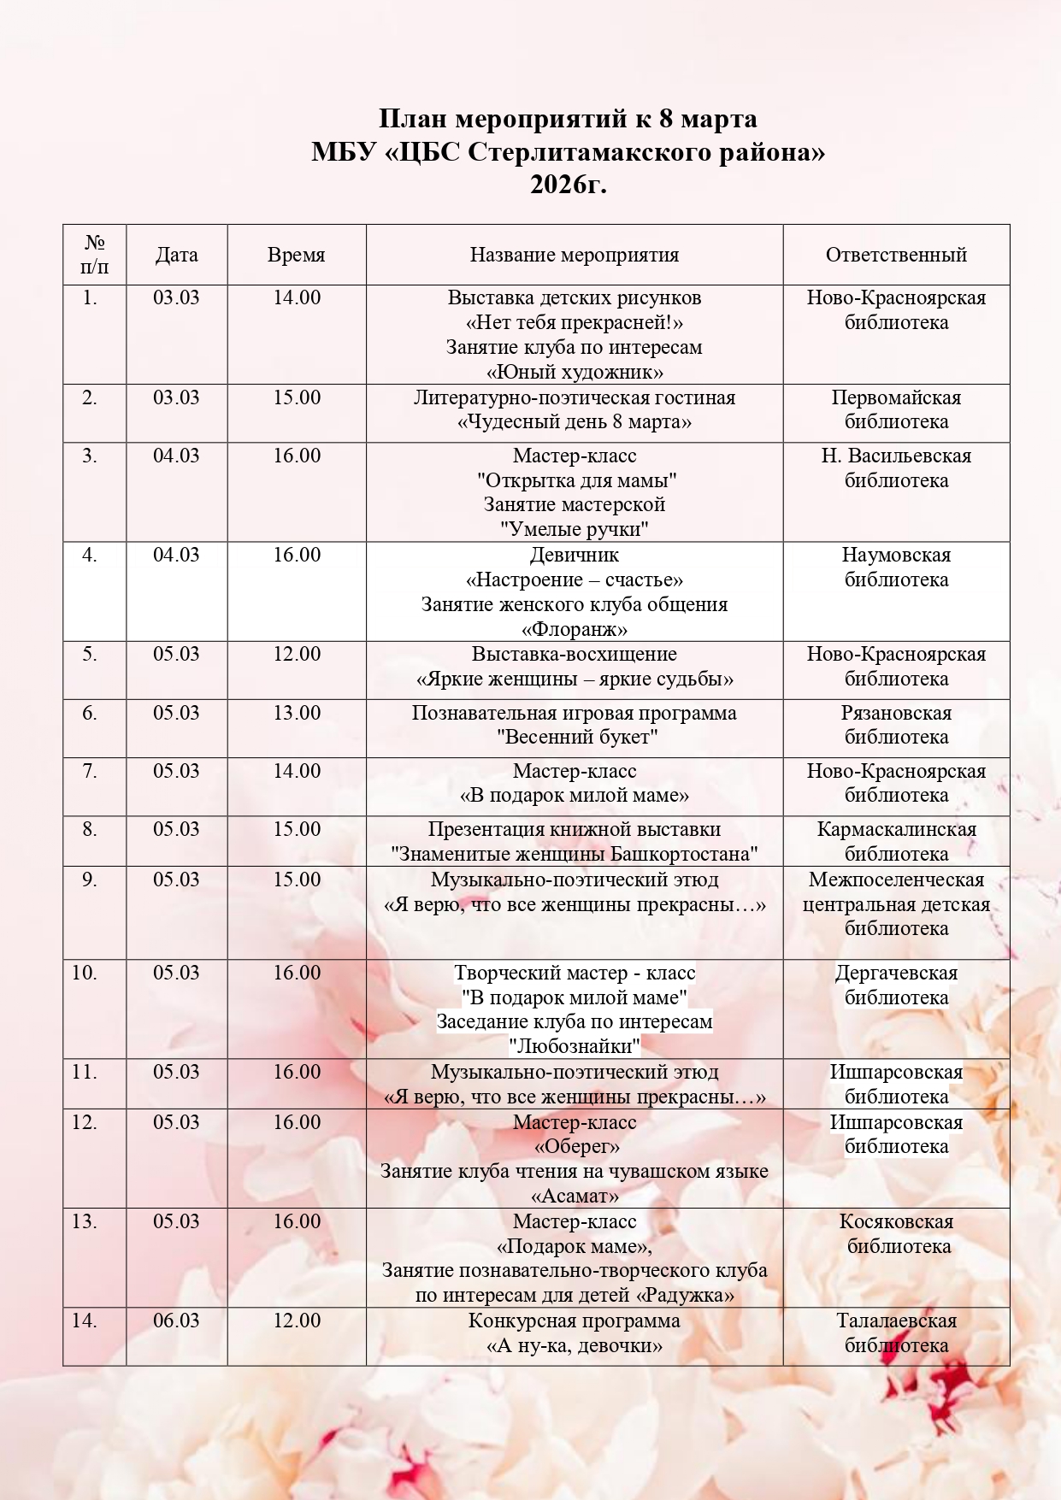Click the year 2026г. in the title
(x=568, y=185)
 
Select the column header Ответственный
(x=896, y=255)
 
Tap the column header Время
(x=296, y=255)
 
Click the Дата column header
(x=176, y=255)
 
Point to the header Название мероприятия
(x=574, y=255)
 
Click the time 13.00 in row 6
(x=297, y=713)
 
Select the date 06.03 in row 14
(x=176, y=1321)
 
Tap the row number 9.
(x=89, y=879)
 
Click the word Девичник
(x=574, y=555)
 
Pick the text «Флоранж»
(x=574, y=630)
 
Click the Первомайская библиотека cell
(x=896, y=409)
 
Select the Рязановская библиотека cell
(x=896, y=725)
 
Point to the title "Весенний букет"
(x=574, y=737)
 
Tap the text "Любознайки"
(x=574, y=1046)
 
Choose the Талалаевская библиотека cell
(x=896, y=1332)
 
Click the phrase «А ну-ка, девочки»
(x=574, y=1345)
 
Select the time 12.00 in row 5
(x=297, y=654)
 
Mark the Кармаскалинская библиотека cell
(x=896, y=841)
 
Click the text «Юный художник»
(x=574, y=372)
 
